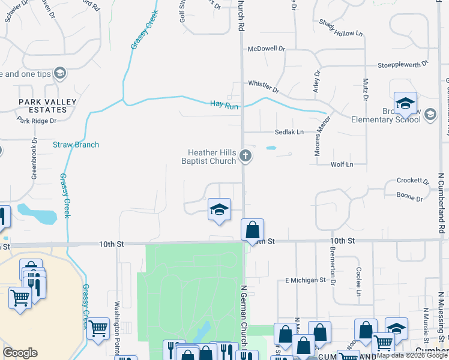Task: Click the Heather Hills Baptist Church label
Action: click(x=209, y=157)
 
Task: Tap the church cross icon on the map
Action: click(x=245, y=156)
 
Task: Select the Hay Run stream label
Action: click(x=224, y=104)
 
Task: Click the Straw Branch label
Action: click(x=76, y=145)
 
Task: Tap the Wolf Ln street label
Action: click(x=342, y=164)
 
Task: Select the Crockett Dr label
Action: click(x=413, y=181)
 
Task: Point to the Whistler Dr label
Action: click(x=264, y=86)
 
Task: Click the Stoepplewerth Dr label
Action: click(x=403, y=63)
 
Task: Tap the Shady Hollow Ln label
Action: click(x=342, y=26)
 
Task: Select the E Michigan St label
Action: click(x=305, y=280)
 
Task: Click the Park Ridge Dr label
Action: click(x=37, y=121)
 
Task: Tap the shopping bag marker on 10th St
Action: click(x=253, y=229)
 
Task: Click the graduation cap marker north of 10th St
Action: click(x=219, y=209)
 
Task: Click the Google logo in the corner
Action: click(x=20, y=353)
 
